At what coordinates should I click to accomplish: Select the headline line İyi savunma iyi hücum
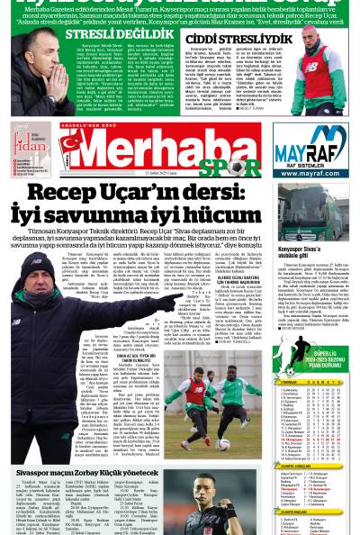click(x=135, y=214)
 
